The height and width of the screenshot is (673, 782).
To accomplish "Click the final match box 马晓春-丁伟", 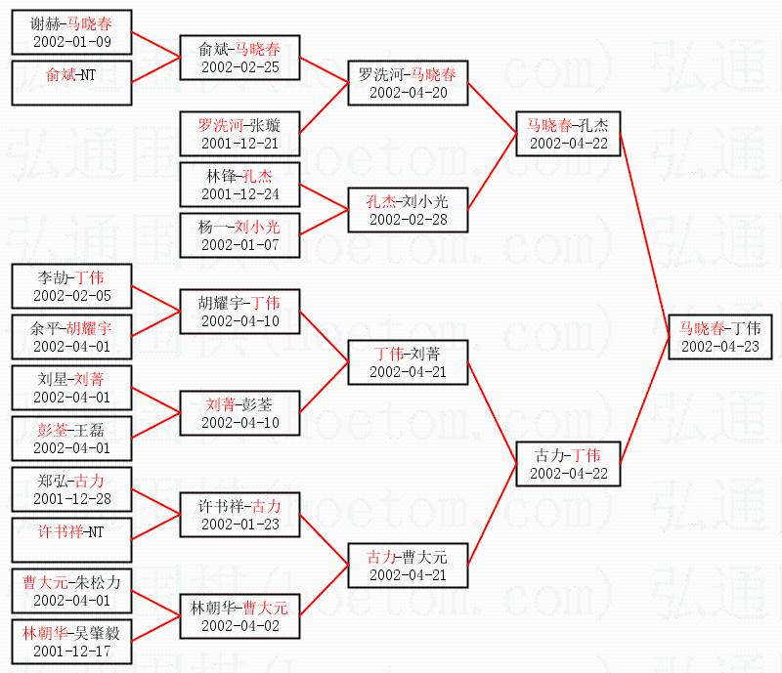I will [719, 337].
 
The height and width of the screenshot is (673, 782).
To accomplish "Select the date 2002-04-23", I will [719, 346].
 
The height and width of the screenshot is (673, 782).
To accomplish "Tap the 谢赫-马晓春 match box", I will [71, 33].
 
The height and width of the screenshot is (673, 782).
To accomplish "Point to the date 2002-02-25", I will [239, 67].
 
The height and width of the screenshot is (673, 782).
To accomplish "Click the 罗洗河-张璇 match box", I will [239, 134].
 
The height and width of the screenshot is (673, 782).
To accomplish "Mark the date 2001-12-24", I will [239, 193].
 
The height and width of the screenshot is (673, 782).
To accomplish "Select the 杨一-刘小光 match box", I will [239, 234].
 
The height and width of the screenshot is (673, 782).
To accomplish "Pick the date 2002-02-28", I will [408, 219].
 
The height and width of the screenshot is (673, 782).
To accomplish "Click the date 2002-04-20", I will [408, 92].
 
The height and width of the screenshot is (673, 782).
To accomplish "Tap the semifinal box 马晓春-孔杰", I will [568, 134].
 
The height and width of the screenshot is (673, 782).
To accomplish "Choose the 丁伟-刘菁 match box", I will [408, 361].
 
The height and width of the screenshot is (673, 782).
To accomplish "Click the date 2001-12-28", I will [71, 498].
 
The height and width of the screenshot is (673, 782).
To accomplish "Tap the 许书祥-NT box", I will [71, 540].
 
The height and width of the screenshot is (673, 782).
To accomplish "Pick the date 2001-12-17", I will [71, 650].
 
